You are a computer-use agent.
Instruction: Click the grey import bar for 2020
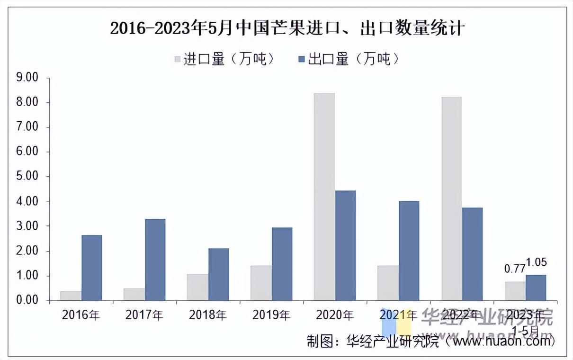coord(324,197)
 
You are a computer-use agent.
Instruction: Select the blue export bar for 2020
coord(345,245)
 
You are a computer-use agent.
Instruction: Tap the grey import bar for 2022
coord(451,198)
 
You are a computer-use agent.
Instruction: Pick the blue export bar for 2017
coord(155,260)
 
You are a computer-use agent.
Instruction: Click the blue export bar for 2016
coord(91,268)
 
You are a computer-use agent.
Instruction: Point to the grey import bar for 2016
coord(71,296)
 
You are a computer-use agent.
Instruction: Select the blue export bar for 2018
coord(218,274)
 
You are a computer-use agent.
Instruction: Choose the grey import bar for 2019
coord(261,283)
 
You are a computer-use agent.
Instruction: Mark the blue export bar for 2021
coord(409,251)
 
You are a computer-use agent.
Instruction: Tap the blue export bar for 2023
coord(536,288)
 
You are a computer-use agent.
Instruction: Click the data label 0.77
coord(514,269)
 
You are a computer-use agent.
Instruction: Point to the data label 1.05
coord(536,262)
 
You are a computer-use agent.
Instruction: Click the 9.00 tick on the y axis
coord(27,77)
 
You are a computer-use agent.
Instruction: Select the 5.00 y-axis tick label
coord(27,177)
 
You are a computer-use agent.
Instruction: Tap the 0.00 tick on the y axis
coord(27,300)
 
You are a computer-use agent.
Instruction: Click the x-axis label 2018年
coord(207,315)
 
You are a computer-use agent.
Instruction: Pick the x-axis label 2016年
coord(81,315)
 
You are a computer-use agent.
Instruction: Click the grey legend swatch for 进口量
coord(178,59)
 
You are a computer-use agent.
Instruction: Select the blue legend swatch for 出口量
coord(302,59)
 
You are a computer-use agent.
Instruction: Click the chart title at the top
coord(286,28)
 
